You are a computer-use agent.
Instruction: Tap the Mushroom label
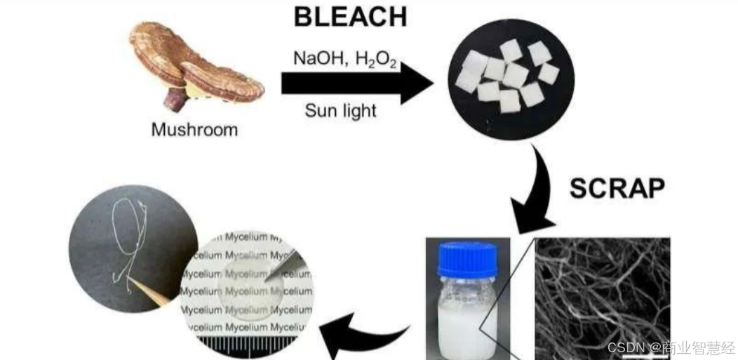pos(194,129)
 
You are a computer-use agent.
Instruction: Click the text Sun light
pos(340,110)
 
